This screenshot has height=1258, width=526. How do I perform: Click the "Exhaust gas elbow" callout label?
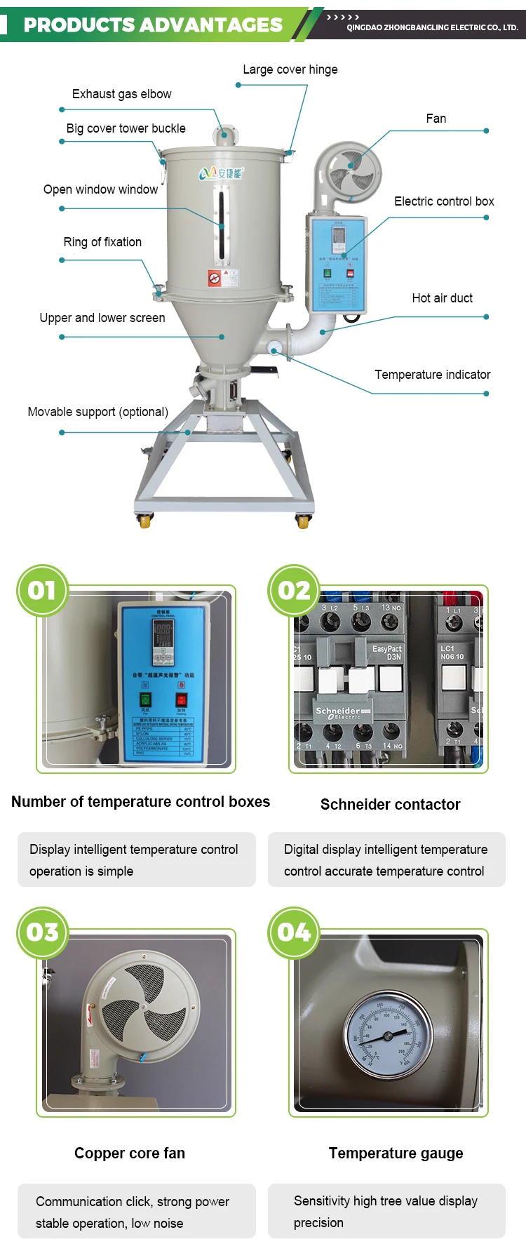point(121,94)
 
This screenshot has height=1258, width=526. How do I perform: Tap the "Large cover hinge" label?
point(290,69)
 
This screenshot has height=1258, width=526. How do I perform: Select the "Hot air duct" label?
point(442,298)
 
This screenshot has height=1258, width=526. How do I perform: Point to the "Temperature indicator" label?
point(432,375)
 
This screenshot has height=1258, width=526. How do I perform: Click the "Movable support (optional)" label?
point(97,412)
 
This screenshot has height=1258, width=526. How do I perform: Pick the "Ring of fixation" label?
point(102,242)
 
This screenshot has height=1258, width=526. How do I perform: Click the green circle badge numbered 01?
point(42,590)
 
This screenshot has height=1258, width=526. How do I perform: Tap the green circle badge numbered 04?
point(294,932)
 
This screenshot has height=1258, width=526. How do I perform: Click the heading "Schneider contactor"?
point(390,804)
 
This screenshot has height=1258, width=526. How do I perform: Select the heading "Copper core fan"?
point(130,1153)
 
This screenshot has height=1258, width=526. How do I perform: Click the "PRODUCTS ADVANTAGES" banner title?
point(153,25)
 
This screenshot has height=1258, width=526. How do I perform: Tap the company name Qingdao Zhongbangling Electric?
point(432,27)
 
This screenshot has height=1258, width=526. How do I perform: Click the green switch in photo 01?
point(145,700)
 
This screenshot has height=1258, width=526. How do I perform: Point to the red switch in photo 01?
point(181,700)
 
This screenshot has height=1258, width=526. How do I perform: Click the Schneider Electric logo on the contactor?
point(339,713)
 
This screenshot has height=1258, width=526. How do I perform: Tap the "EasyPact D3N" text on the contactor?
point(387,653)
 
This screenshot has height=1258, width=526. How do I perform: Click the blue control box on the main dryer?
point(337,263)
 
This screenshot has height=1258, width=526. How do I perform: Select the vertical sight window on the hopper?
point(222,223)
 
